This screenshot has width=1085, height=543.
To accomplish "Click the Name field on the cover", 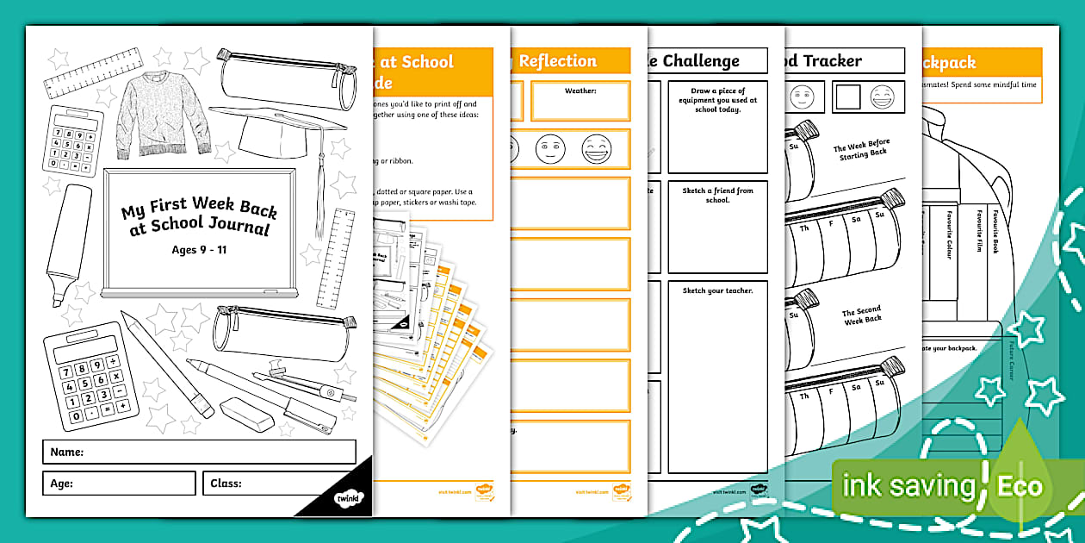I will click(x=199, y=452).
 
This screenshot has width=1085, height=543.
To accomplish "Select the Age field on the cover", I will click(x=119, y=484).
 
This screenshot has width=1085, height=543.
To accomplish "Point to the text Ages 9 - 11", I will click(x=198, y=251).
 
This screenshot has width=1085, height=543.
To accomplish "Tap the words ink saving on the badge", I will click(x=908, y=486).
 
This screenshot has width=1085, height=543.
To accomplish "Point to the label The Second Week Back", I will click(x=862, y=316).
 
